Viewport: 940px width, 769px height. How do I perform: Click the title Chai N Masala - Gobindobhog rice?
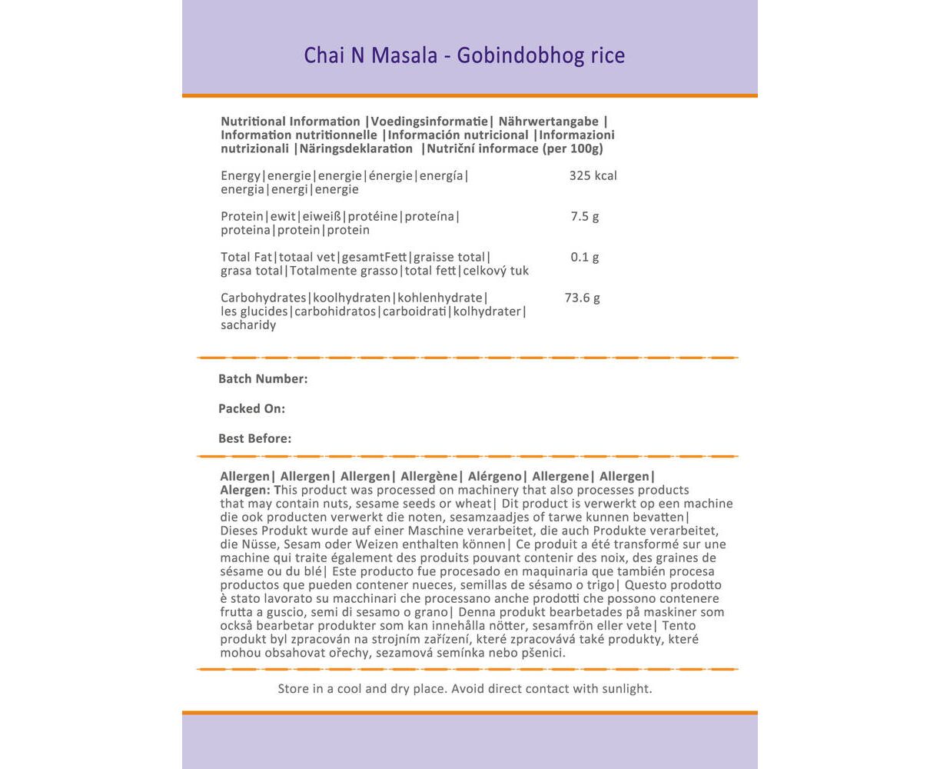tap(464, 55)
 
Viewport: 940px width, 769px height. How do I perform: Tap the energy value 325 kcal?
tap(593, 176)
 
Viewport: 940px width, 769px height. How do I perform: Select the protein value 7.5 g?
tap(584, 217)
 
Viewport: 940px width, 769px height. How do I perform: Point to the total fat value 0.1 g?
tap(584, 258)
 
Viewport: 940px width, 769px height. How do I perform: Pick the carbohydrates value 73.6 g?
tap(582, 298)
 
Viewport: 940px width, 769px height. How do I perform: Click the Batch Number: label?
tap(263, 379)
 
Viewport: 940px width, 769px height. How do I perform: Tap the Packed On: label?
tap(251, 409)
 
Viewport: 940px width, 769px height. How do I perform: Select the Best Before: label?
tap(254, 439)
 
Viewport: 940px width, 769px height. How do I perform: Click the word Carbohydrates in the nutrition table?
tap(264, 298)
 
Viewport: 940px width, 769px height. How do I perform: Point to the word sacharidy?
tap(248, 325)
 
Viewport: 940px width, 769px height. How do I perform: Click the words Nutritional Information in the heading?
tap(291, 122)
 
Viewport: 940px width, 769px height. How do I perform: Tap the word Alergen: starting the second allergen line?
tap(245, 491)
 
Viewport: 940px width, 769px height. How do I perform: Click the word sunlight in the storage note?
tap(626, 689)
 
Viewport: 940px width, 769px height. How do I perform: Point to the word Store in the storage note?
tap(294, 689)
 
